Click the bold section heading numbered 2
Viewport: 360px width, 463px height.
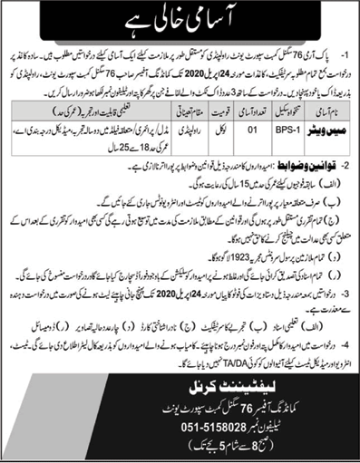[x=306, y=170]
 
